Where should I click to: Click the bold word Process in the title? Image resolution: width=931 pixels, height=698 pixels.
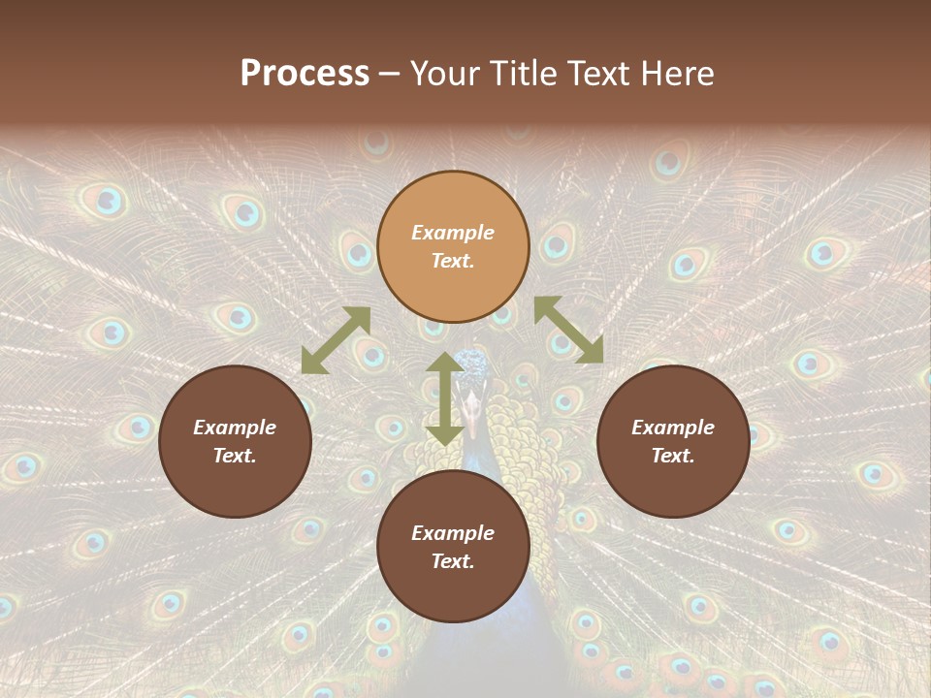coord(305,74)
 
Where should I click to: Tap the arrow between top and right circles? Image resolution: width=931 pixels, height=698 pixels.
coord(568,330)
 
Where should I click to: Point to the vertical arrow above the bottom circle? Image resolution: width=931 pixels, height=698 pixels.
coord(445,398)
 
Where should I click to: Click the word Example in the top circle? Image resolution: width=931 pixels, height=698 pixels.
coord(453,233)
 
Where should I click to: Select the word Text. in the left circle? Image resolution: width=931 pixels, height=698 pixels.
coord(235,456)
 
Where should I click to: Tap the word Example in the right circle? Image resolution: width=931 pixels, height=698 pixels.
coord(673,428)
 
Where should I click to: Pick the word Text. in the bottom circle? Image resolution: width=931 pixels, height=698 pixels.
coord(453,561)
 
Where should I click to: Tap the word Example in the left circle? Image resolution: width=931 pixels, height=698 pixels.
coord(235,428)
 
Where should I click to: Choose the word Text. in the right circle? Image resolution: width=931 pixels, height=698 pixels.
coord(673,456)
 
